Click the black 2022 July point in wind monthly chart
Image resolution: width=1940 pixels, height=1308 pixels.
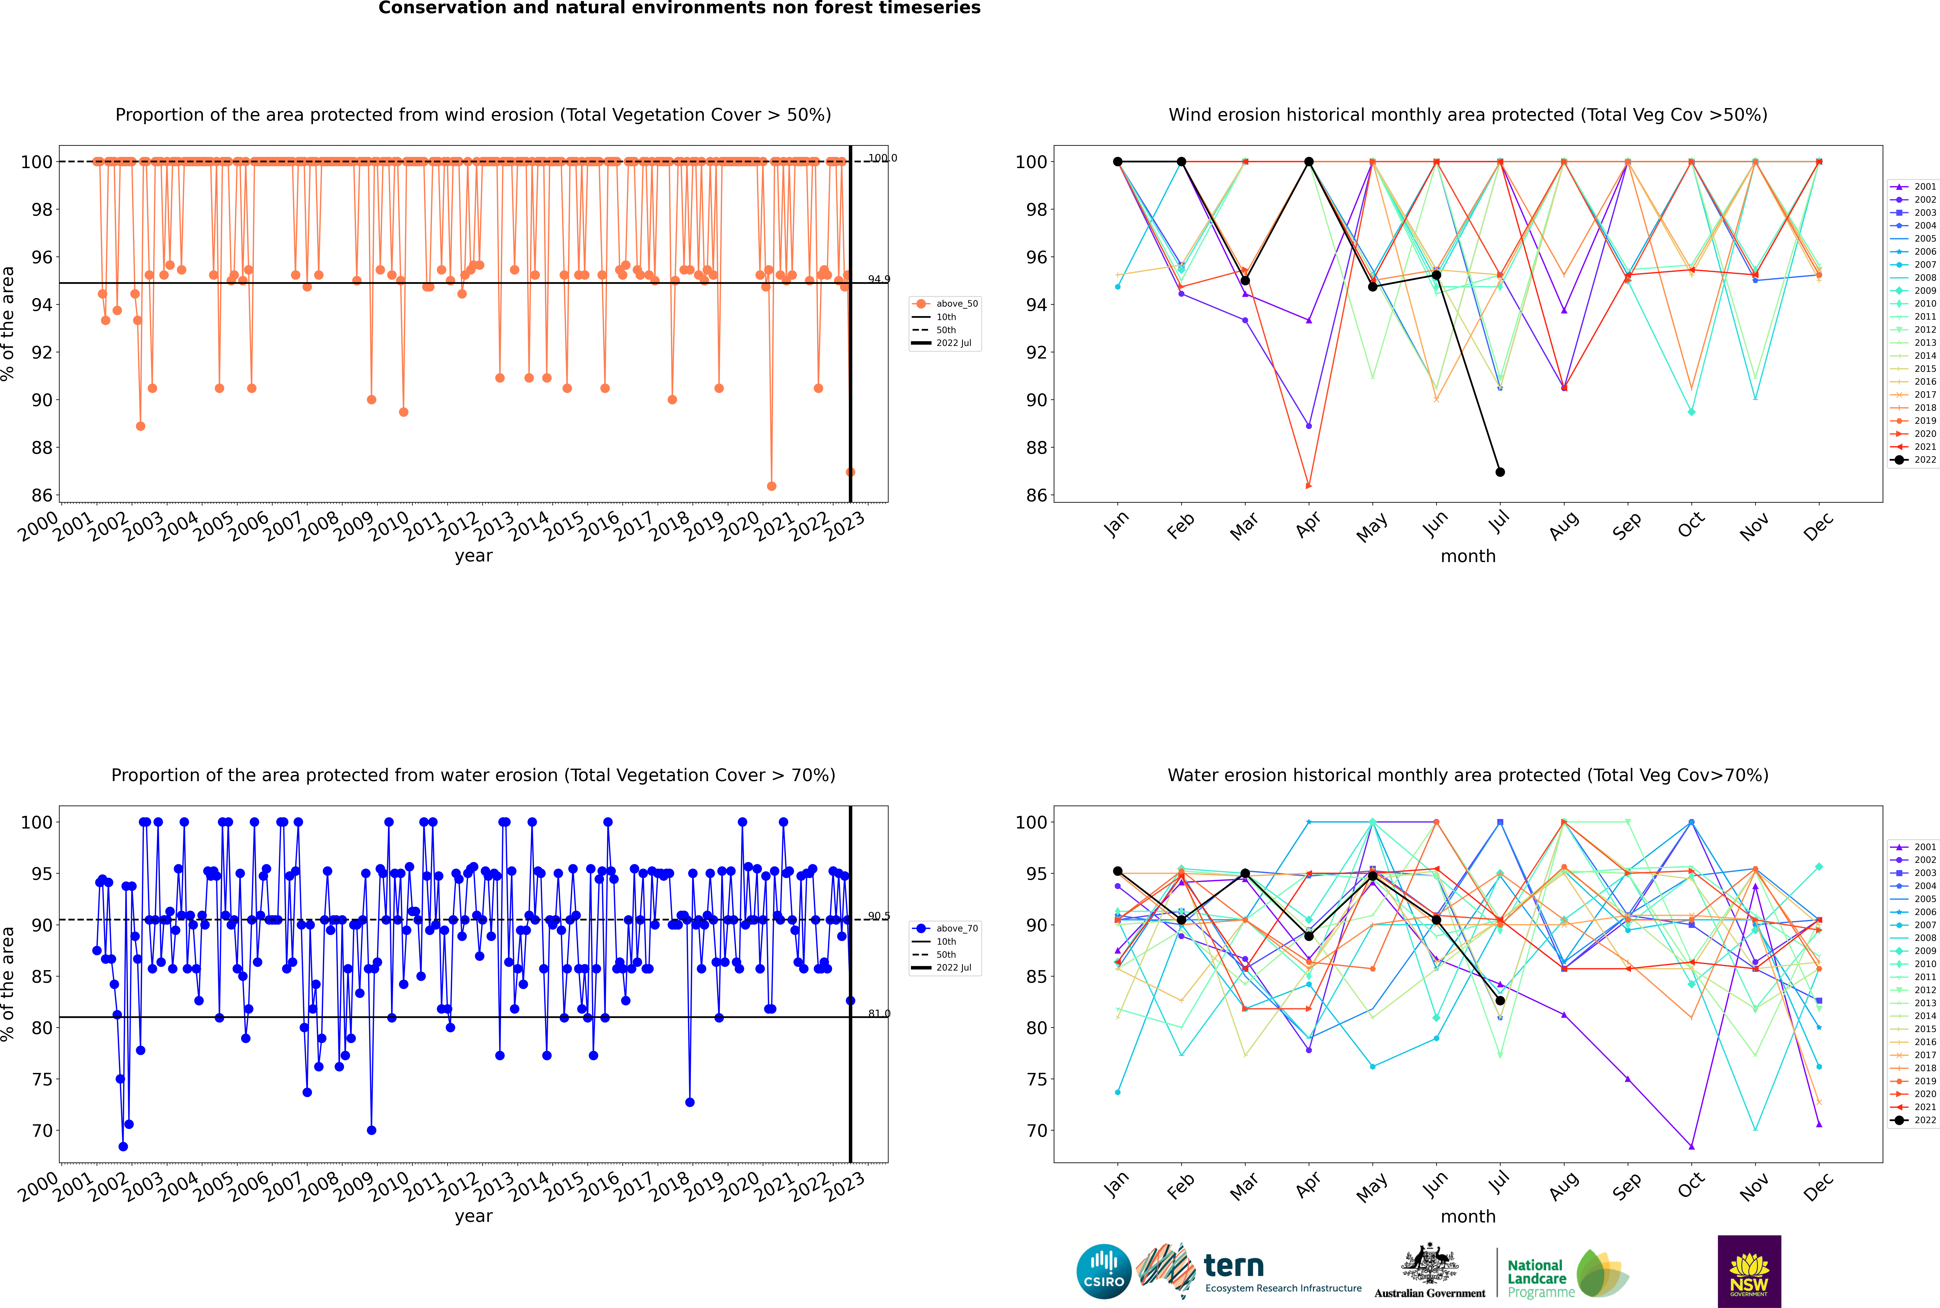tap(1500, 472)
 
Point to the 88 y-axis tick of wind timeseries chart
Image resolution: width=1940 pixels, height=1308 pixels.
tap(42, 448)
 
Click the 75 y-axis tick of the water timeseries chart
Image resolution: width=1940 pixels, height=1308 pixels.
tap(42, 1079)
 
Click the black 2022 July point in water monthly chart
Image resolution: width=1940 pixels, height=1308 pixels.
tap(1500, 1000)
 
